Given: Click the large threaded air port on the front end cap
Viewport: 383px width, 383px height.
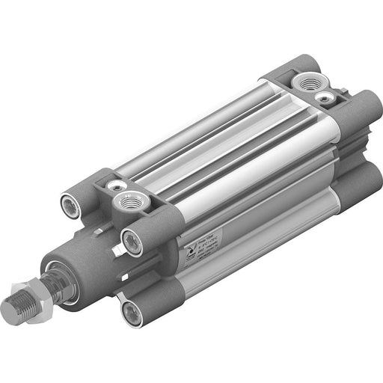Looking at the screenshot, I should pyautogui.click(x=124, y=200).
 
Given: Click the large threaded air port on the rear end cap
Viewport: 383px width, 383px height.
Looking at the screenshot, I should pyautogui.click(x=308, y=83).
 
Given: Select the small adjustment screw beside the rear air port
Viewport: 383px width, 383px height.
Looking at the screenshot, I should pyautogui.click(x=324, y=97).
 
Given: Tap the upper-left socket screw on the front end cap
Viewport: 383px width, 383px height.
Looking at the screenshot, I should pyautogui.click(x=70, y=202).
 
